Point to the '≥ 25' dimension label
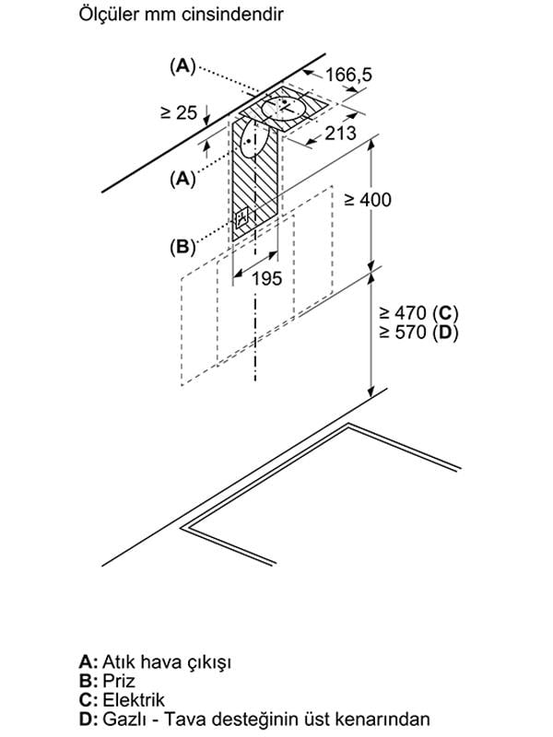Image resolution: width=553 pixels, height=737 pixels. pos(179,113)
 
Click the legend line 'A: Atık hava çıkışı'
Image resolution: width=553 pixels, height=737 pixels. pos(155,662)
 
